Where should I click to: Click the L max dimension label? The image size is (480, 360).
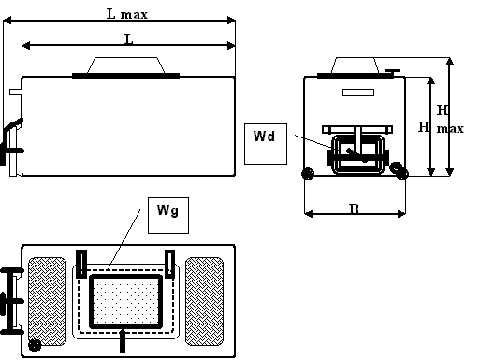pyautogui.click(x=127, y=14)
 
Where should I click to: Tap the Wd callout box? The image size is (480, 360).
pyautogui.click(x=266, y=144)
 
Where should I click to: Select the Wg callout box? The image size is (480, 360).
pyautogui.click(x=168, y=215)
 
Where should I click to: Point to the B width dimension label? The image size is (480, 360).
pyautogui.click(x=355, y=209)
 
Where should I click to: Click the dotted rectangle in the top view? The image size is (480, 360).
pyautogui.click(x=126, y=301)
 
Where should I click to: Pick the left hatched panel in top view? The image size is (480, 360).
pyautogui.click(x=47, y=301)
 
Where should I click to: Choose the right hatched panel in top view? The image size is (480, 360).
pyautogui.click(x=204, y=301)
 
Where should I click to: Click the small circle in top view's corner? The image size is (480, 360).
pyautogui.click(x=35, y=345)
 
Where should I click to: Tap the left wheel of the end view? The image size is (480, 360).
pyautogui.click(x=308, y=174)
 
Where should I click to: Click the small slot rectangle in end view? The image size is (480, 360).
pyautogui.click(x=358, y=93)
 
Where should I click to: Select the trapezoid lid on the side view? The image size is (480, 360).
pyautogui.click(x=125, y=65)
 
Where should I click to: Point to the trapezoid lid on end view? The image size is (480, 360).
pyautogui.click(x=355, y=65)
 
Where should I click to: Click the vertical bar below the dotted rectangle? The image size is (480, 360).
pyautogui.click(x=123, y=340)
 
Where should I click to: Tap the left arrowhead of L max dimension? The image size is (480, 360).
pyautogui.click(x=7, y=21)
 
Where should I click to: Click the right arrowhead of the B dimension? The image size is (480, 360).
pyautogui.click(x=401, y=214)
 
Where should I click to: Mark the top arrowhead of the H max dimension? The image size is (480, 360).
pyautogui.click(x=449, y=62)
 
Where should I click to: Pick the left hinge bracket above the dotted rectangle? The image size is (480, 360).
pyautogui.click(x=81, y=264)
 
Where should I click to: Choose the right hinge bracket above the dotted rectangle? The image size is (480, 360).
pyautogui.click(x=169, y=264)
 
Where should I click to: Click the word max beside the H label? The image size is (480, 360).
pyautogui.click(x=450, y=128)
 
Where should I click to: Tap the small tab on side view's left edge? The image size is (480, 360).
pyautogui.click(x=16, y=93)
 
